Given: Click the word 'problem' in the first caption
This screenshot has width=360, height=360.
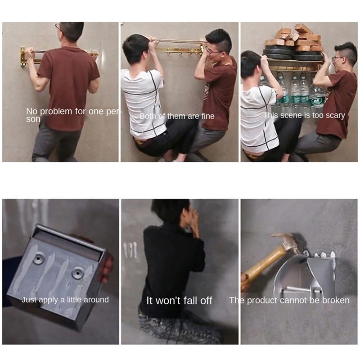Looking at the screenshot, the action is click(x=56, y=112).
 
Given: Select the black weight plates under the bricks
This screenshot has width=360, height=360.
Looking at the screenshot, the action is click(x=292, y=54).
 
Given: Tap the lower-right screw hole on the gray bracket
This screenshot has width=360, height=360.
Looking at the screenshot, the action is click(x=78, y=273).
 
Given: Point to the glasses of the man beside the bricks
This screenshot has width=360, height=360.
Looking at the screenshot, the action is click(x=338, y=58).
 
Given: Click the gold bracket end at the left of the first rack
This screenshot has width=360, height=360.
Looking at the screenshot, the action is click(x=22, y=57).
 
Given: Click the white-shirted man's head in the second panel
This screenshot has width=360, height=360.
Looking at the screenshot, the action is click(x=135, y=49).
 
